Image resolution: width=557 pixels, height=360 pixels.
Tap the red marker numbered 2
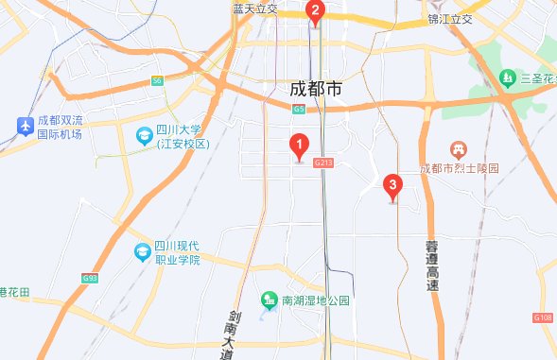(x=316, y=12)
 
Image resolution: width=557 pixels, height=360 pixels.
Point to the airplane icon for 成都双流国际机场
(x=25, y=125)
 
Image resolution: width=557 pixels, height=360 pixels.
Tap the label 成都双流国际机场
(x=60, y=128)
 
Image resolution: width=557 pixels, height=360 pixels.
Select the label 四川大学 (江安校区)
(x=183, y=136)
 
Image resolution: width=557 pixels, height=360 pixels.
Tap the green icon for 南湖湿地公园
(x=269, y=300)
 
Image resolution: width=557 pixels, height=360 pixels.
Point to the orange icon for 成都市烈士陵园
(x=458, y=149)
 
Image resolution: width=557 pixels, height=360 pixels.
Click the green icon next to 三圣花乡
(x=508, y=77)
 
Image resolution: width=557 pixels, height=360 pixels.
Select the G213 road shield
(x=326, y=163)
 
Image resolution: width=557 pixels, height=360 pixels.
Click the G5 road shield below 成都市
(x=299, y=110)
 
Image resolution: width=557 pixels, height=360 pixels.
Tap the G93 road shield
(x=90, y=278)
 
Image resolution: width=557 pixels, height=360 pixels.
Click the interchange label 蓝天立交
(x=254, y=9)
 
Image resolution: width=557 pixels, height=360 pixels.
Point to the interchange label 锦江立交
(x=449, y=18)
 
